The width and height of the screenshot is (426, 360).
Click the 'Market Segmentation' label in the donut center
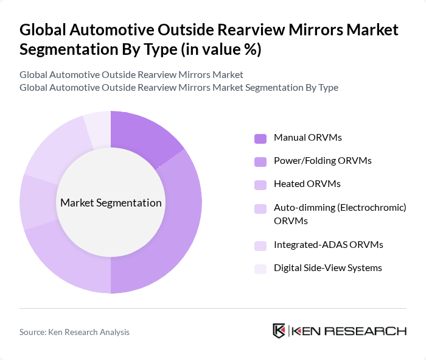[x=110, y=203]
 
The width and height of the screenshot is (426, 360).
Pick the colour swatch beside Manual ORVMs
[x=260, y=138]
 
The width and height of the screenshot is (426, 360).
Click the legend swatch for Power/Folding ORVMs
[x=260, y=161]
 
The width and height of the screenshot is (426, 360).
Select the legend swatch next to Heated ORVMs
[x=260, y=185]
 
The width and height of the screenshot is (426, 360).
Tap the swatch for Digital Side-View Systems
[x=260, y=269]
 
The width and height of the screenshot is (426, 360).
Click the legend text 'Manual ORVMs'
[x=307, y=138]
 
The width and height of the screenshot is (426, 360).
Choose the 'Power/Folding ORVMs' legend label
[x=323, y=161]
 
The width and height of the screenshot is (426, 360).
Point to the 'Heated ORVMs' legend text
[x=307, y=184]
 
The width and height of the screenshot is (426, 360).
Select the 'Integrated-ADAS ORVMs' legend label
[x=328, y=245]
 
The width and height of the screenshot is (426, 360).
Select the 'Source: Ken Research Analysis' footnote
[x=74, y=332]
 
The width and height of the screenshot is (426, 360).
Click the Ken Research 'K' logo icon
[x=279, y=331]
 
